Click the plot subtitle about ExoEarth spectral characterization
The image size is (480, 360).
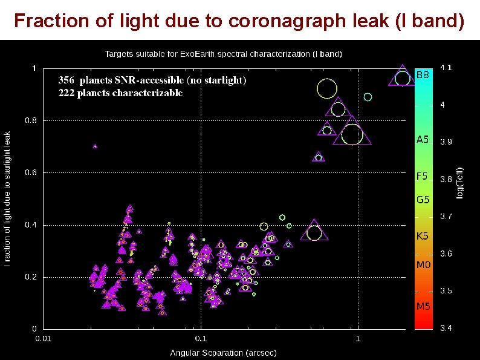(223, 54)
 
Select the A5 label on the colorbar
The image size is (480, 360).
(423, 139)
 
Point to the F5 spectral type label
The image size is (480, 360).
(422, 177)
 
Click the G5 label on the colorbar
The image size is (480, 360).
(423, 198)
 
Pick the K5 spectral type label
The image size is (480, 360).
(423, 235)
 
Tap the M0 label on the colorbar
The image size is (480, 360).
(423, 265)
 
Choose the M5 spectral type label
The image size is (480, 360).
(423, 306)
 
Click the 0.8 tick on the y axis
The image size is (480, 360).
(30, 120)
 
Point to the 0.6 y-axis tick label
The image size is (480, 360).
(30, 172)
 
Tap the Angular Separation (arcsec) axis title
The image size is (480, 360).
(223, 352)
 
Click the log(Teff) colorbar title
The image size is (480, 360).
(460, 182)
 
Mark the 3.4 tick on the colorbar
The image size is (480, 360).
(446, 329)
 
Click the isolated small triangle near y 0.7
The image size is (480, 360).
(95, 146)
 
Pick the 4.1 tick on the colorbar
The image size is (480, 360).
(446, 68)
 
